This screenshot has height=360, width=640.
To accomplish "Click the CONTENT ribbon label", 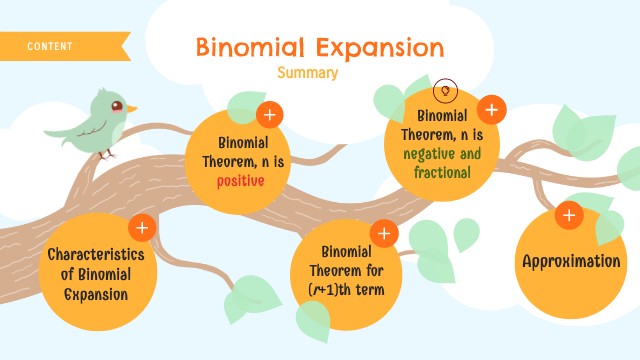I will point(50,46).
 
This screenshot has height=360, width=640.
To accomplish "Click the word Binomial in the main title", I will point(244,47).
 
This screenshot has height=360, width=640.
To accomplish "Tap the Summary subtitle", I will point(308,73).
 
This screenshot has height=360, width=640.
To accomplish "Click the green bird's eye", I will point(116,105).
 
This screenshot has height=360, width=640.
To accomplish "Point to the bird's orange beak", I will point(131,108).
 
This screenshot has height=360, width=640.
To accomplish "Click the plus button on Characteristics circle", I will point(142,228).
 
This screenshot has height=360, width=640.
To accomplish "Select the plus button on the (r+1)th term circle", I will point(384,234).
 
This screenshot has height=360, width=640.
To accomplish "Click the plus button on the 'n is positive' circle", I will point(268,114).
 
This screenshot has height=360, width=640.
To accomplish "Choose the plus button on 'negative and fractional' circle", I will point(491,109).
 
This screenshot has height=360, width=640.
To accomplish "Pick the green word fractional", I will point(442,172).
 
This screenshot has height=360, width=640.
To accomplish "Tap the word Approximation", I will point(572,261).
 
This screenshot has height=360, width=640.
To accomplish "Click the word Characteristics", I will point(96,254).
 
